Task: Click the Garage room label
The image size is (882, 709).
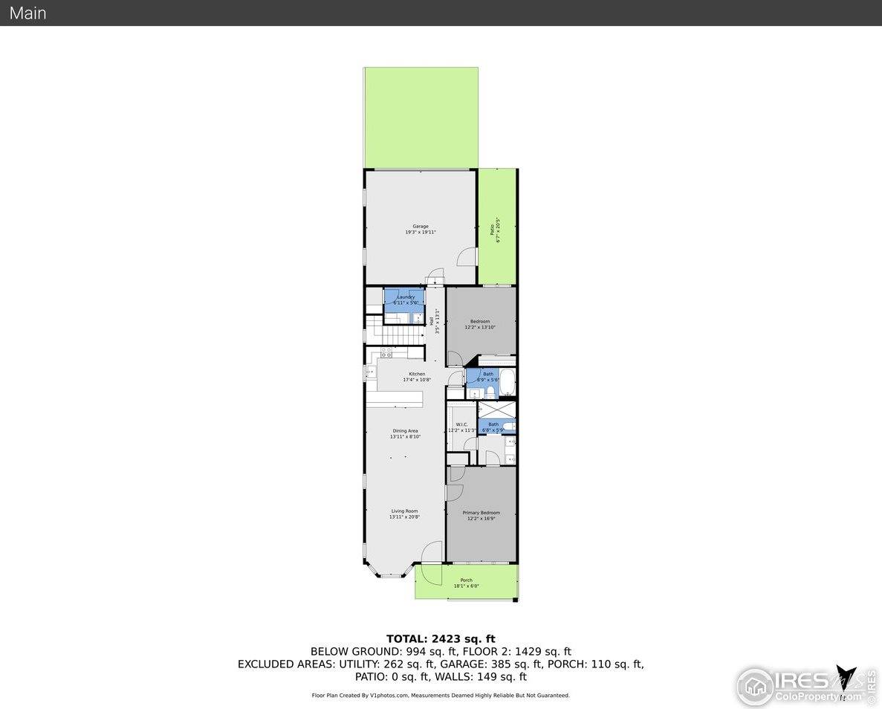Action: pos(421,229)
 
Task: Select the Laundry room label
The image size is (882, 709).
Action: pos(406,300)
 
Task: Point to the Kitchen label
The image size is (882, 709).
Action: pos(417,376)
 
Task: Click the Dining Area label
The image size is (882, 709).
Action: pos(405,433)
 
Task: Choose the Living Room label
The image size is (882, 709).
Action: pos(405,514)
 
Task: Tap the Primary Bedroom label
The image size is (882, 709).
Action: pos(481,515)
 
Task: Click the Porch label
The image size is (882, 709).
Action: pos(466,583)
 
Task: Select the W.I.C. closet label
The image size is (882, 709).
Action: pos(461,427)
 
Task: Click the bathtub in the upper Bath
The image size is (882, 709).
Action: pos(507,383)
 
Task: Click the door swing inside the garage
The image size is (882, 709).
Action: pos(466,256)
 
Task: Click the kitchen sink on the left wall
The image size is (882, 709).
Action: pos(370,372)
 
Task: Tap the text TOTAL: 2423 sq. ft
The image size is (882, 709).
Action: pos(441,638)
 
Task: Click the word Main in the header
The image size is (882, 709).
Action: pos(27,13)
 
